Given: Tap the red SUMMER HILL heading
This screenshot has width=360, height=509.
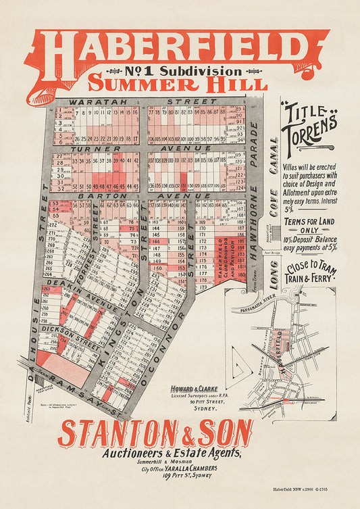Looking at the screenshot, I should tap(177, 84).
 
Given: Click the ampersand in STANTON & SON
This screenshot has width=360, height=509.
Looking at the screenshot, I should tap(173, 433).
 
